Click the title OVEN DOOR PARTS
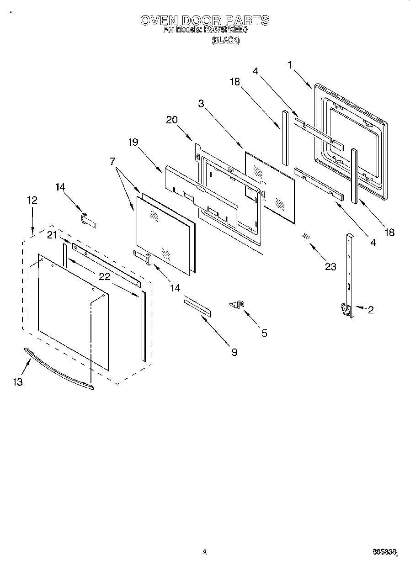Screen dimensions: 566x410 204,21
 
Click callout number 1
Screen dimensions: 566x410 290,65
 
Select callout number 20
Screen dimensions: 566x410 172,120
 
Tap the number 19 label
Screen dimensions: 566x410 133,142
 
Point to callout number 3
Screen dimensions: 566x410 201,104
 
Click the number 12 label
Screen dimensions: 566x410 32,200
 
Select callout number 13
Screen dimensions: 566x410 17,382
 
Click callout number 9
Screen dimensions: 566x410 234,352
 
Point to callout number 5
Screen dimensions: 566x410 264,333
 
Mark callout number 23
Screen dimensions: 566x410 330,266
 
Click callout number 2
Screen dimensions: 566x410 370,310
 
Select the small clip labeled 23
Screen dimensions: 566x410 306,236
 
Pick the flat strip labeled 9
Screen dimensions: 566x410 198,306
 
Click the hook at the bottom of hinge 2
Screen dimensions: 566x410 343,310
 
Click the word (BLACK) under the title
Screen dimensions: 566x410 225,41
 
